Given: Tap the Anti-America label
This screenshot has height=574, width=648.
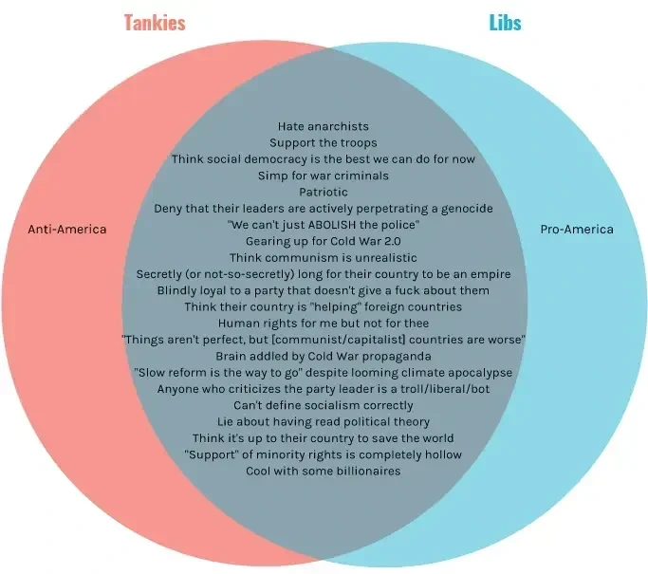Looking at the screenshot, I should (x=67, y=230).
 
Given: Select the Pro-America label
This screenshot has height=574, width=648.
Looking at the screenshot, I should (x=577, y=230).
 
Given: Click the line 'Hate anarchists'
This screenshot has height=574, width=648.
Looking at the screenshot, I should (x=324, y=125).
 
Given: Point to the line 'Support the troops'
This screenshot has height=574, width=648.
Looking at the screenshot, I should (x=324, y=142).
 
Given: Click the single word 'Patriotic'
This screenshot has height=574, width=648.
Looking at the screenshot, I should (x=324, y=192).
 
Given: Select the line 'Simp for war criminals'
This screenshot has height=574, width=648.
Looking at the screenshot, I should (x=324, y=176).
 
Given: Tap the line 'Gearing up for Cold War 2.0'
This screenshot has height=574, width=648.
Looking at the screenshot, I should (x=324, y=241).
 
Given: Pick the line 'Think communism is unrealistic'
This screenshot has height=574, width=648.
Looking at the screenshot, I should (x=324, y=257).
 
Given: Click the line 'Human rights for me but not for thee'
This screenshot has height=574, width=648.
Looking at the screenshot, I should (x=324, y=323).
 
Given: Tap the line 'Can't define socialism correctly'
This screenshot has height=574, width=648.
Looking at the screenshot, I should (x=324, y=405).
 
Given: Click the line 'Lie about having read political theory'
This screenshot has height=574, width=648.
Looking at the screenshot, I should (x=324, y=421).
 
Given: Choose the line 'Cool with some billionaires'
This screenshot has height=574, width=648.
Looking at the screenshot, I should (x=324, y=471).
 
